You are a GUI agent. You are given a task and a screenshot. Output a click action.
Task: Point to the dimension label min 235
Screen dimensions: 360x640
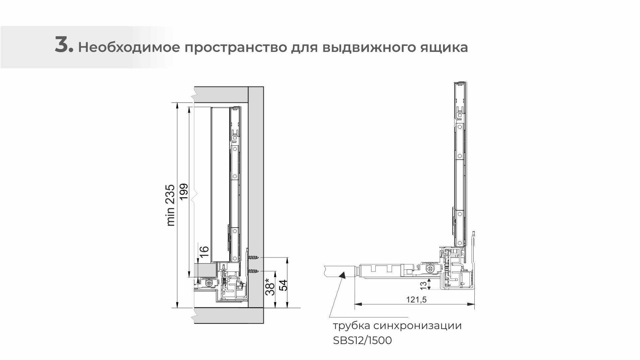click(170, 205)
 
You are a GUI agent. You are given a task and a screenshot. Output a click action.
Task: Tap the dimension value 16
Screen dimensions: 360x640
click(204, 251)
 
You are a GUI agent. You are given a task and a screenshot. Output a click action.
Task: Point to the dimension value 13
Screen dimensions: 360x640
click(423, 284)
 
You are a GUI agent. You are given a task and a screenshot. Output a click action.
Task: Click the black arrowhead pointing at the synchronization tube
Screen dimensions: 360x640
click(342, 274)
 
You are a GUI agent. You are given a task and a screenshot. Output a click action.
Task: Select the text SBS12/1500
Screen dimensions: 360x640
click(363, 341)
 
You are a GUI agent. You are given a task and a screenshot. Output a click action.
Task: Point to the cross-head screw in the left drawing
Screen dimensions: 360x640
click(209, 283)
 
